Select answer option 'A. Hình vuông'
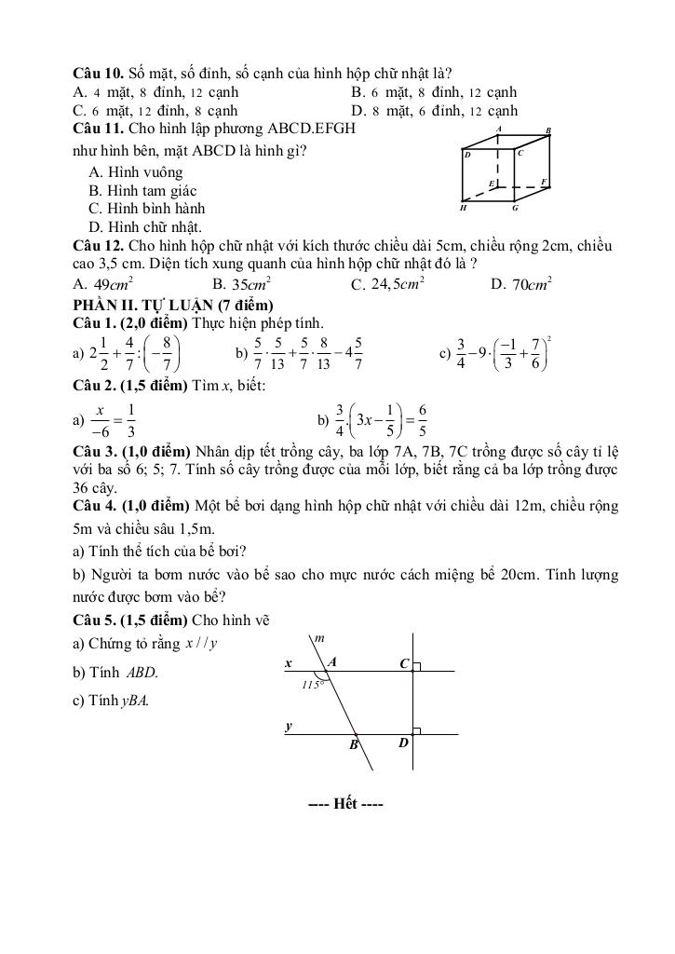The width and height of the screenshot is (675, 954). point(136,172)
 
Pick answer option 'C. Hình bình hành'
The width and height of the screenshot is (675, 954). point(146,209)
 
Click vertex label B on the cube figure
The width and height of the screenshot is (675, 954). point(548,130)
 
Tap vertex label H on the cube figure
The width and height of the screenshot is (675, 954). point(463,209)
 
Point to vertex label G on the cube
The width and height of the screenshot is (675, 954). point(514,209)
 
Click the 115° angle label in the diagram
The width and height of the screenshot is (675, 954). point(311,684)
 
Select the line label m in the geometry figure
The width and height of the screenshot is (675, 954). point(318,638)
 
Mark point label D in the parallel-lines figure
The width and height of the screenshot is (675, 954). point(404,743)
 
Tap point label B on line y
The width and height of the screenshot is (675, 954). point(354,744)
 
